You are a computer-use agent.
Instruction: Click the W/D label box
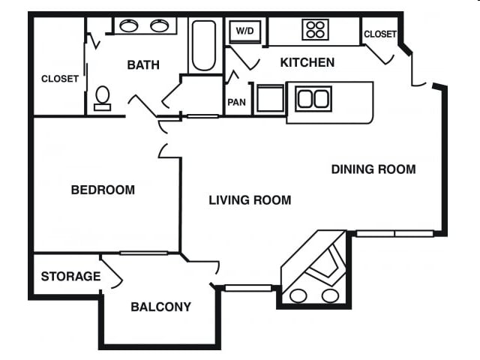(244, 31)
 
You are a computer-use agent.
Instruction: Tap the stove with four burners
(315, 30)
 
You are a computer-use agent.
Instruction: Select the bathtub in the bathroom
(203, 45)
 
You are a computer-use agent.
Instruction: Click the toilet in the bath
(102, 97)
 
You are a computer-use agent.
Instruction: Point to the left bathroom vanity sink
(129, 26)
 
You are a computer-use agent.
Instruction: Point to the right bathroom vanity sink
(159, 26)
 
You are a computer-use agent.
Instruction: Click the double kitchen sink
(313, 98)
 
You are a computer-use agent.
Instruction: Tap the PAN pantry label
(237, 101)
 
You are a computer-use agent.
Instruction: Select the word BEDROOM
(103, 190)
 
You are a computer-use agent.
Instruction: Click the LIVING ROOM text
(250, 200)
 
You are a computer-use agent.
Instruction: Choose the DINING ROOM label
(373, 169)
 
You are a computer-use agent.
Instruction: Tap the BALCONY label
(160, 307)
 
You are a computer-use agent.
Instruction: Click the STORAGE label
(70, 277)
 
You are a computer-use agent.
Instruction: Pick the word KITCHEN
(307, 62)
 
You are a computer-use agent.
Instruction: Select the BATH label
(143, 65)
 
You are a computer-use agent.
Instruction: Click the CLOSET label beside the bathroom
(60, 79)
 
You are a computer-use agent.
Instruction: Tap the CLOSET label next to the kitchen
(379, 34)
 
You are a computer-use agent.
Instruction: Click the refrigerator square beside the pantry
(269, 99)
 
